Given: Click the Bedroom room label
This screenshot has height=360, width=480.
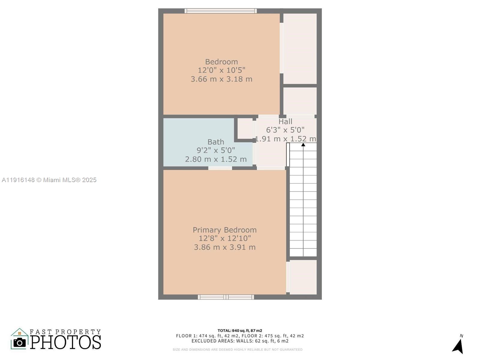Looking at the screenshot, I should tap(221, 62).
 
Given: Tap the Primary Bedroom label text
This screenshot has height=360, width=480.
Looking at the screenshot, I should tap(224, 230).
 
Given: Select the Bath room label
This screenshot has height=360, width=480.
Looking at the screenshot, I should tap(216, 142).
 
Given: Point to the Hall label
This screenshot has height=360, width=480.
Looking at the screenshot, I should tap(285, 121).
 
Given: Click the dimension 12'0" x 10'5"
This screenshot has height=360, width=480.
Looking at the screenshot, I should tap(221, 70).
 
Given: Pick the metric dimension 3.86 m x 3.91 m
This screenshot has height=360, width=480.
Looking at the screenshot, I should tap(224, 247).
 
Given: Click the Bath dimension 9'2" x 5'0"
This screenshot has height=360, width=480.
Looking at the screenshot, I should tap(216, 150).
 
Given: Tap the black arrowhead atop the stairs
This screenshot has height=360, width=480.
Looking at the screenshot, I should tap(303, 145).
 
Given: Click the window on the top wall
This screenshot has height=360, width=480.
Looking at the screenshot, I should tap(220, 11).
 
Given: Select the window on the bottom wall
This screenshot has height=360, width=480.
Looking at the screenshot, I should tap(226, 297).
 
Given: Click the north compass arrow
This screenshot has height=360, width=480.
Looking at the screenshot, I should tap(458, 346).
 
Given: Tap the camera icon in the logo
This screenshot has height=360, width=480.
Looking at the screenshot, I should tap(20, 342).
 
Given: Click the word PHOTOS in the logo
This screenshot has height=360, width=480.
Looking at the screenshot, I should tap(66, 342).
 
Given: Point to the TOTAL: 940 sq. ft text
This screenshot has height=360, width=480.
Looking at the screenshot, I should tap(240, 331).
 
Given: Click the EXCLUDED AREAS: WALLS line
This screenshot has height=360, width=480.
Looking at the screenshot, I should tap(240, 341).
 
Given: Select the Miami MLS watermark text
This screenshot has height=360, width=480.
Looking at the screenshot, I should tap(49, 180).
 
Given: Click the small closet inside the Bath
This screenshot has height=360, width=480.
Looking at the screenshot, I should tap(245, 128).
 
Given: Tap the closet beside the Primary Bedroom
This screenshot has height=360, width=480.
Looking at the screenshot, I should tap(303, 277).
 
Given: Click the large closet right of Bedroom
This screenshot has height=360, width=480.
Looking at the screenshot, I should tap(300, 49).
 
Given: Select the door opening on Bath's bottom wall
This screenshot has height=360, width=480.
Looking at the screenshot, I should tap(220, 168).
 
